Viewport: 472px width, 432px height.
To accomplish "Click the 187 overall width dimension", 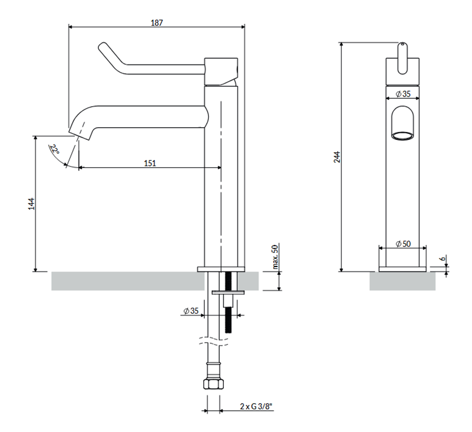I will coord(157,22).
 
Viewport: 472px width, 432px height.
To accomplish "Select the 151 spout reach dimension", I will coord(150,163).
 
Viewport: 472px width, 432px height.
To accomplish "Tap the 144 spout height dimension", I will coord(31,204).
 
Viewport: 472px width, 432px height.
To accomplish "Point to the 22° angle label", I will coord(55,150).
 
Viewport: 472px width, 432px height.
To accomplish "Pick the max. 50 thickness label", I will coord(274,257).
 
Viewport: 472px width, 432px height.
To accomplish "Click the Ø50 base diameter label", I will coord(403,244).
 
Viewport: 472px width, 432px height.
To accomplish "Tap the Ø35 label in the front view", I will coord(403,94).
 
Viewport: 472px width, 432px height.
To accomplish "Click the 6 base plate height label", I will coord(443,259).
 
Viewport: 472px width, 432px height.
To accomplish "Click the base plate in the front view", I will coord(403,268).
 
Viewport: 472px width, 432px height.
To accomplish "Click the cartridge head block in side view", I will coord(222,71).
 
